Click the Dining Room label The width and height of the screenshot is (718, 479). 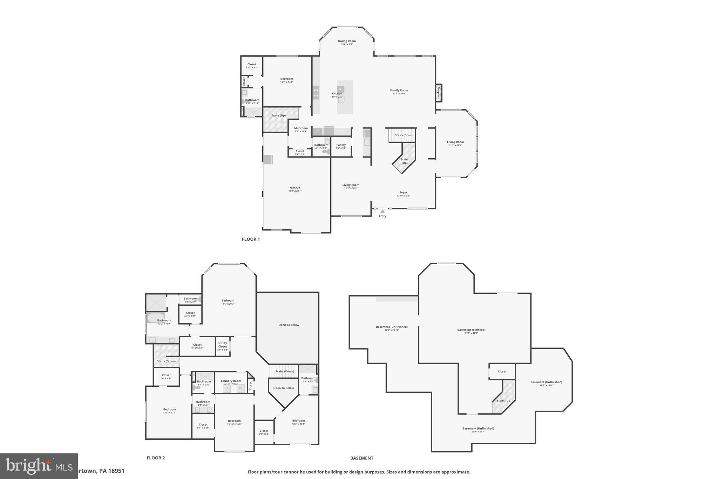[x=347, y=41]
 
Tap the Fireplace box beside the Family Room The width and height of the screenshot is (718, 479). [x=439, y=93]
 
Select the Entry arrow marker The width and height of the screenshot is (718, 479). [x=382, y=211]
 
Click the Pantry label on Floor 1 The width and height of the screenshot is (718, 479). [x=341, y=145]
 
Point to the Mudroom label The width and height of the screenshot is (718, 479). [x=301, y=128]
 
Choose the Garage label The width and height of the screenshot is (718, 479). [x=295, y=188]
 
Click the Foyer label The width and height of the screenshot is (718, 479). [x=403, y=193]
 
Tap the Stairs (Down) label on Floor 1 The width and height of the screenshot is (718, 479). [x=404, y=135]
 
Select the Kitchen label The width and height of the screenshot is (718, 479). [x=337, y=94]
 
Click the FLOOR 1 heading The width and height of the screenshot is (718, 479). [x=251, y=239]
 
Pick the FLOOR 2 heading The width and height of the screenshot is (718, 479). [x=156, y=458]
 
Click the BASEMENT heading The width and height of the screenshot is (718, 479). [x=362, y=458]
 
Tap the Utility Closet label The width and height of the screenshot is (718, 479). [x=223, y=345]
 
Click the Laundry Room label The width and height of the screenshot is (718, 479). [x=231, y=381]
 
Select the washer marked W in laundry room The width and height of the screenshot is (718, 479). [x=241, y=388]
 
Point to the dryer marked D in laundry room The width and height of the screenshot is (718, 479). [x=226, y=388]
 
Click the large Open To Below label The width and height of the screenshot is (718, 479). [x=289, y=325]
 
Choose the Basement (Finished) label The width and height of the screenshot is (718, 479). [x=471, y=330]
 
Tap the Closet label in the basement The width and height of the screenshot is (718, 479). [x=502, y=371]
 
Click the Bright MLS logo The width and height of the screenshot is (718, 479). [x=39, y=466]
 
